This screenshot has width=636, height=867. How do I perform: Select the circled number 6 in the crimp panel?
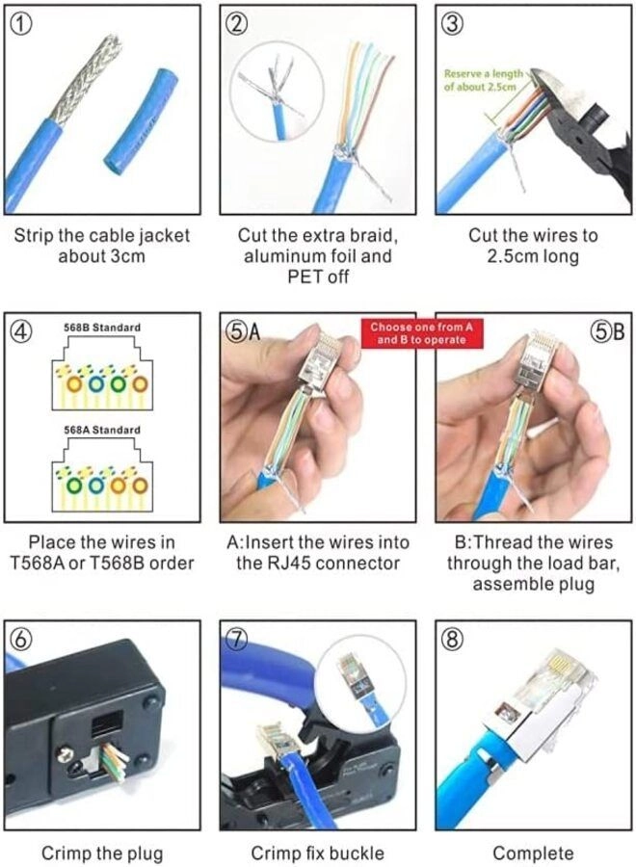[x=21, y=640]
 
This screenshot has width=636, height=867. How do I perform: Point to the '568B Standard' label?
[x=101, y=328]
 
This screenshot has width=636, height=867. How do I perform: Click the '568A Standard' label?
[x=101, y=430]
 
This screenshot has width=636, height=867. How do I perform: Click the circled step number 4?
[x=21, y=331]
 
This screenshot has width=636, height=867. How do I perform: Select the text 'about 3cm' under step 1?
[x=101, y=257]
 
